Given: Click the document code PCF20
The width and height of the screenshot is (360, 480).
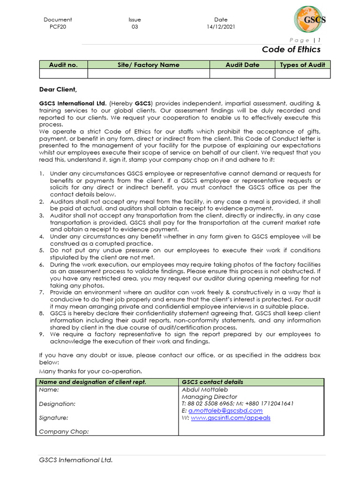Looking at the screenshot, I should tap(58, 27).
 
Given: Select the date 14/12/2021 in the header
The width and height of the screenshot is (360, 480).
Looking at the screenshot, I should tap(221, 27).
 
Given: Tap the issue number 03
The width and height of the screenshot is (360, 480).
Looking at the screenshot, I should tap(135, 27).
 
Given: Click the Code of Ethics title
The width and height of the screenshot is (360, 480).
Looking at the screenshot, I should tap(291, 49).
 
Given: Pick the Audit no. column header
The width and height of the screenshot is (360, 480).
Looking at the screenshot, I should tap(63, 65).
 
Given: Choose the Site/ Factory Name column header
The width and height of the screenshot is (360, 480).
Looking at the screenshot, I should tap(148, 65).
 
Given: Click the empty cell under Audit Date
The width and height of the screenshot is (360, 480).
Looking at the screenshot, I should tap(242, 74).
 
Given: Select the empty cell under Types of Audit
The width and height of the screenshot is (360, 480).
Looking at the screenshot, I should tap(302, 74).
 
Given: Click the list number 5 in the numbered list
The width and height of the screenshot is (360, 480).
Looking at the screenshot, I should tap(41, 250).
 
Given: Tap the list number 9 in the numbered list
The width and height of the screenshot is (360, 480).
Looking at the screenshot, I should tap(41, 334).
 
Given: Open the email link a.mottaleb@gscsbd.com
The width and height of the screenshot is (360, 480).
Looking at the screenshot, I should tap(225, 411).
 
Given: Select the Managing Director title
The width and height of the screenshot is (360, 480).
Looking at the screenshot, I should tap(209, 397).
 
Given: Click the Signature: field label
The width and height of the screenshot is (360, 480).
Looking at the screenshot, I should tap(53, 418).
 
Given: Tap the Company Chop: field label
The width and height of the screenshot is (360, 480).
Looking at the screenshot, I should tap(64, 431).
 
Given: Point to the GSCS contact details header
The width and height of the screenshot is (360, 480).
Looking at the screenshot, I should tap(212, 382).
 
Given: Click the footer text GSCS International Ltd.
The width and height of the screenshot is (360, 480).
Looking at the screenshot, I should tap(76, 460).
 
